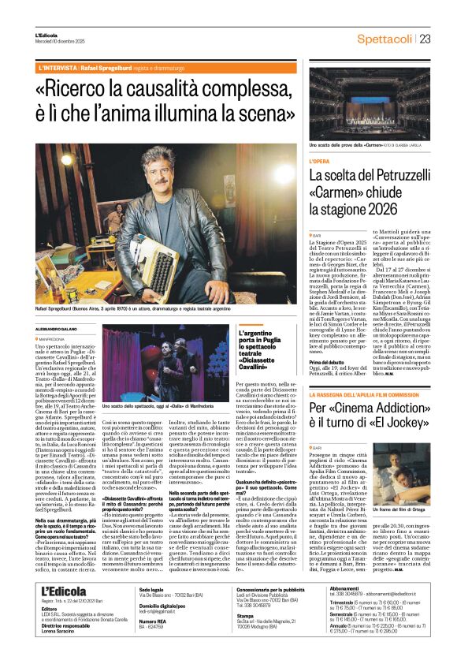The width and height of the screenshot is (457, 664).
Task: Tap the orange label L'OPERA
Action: point(319,161)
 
